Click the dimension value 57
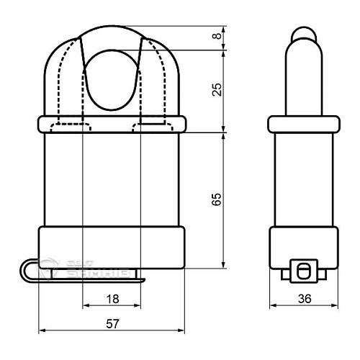coord(112,324)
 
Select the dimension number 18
coord(112,297)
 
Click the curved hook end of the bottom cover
coord(27,271)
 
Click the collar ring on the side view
coord(302,124)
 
